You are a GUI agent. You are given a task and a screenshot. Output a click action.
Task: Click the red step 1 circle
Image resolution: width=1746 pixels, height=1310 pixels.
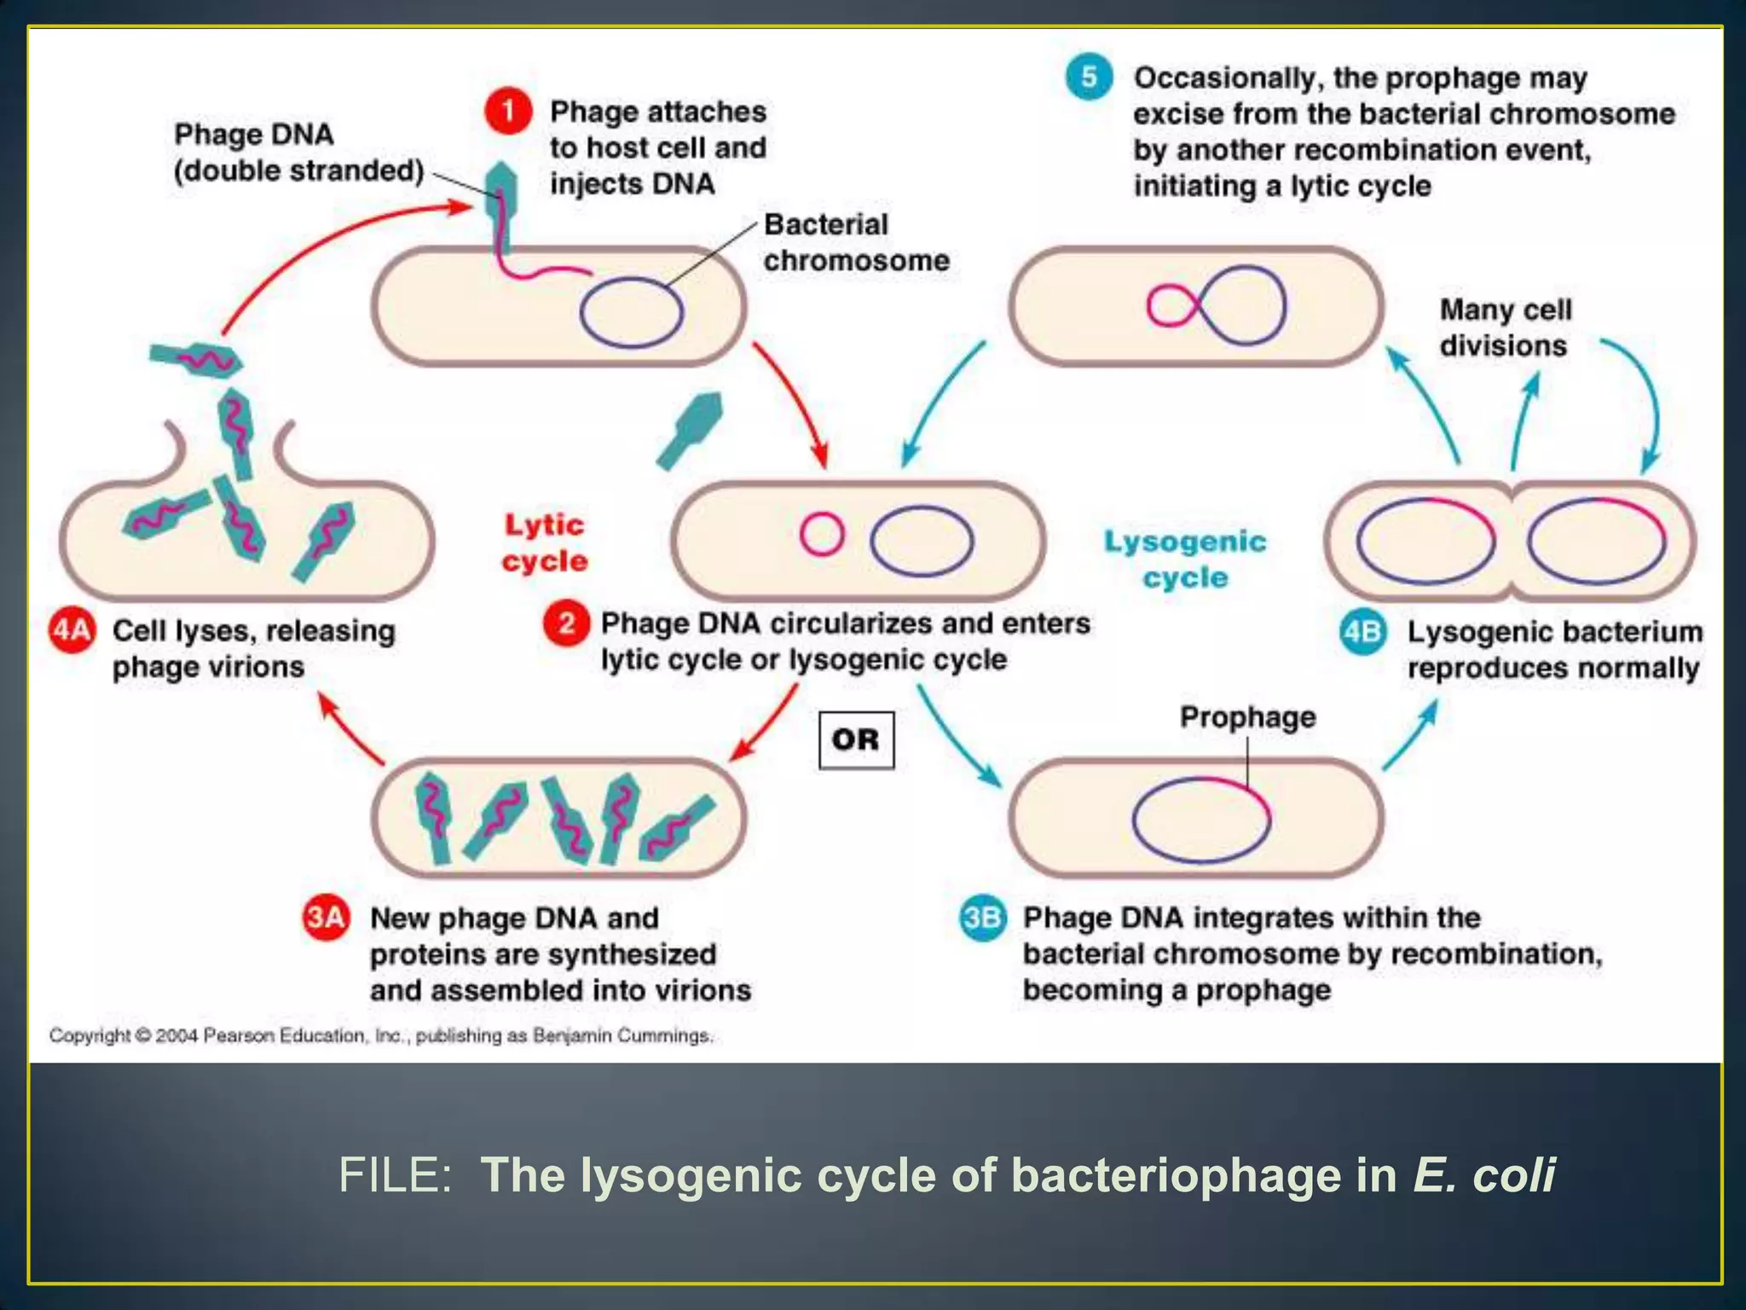[x=508, y=112]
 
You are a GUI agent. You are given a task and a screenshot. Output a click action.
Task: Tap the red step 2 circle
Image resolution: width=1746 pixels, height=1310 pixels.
[x=566, y=623]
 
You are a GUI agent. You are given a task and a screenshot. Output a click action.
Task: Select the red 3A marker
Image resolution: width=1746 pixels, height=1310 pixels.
[x=326, y=918]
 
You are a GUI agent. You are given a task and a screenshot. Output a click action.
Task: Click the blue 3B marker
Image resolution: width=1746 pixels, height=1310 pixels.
[x=982, y=918]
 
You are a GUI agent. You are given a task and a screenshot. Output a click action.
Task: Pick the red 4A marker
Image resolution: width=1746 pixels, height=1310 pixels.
[x=72, y=631]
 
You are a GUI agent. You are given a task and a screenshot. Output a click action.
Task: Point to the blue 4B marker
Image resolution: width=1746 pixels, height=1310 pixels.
[x=1362, y=632]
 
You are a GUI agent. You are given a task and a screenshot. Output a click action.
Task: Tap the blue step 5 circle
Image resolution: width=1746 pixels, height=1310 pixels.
[x=1089, y=77]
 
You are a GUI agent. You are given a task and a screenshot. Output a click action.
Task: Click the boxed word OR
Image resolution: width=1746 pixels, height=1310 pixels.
[x=856, y=739]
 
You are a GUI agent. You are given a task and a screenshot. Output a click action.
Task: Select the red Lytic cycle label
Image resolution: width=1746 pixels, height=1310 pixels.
[x=545, y=542]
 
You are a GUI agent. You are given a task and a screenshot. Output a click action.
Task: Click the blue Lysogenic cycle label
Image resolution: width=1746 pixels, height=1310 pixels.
[x=1185, y=559]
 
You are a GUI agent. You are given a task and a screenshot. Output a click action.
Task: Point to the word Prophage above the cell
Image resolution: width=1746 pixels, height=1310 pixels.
[x=1247, y=717]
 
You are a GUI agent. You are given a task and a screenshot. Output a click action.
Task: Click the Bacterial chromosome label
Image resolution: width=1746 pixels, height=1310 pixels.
[x=855, y=242]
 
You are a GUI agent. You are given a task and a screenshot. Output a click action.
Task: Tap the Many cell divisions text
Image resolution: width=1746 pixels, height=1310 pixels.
[x=1505, y=327]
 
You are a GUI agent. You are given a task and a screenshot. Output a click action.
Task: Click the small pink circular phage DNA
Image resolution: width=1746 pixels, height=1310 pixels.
[x=822, y=535]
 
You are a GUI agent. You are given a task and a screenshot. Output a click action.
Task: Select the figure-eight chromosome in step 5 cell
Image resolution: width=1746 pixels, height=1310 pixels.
[x=1217, y=305]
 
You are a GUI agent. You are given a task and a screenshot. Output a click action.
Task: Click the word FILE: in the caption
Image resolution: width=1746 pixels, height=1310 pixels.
[x=394, y=1175]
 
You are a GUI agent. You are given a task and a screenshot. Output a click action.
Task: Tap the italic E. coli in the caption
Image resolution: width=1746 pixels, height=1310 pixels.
[x=1483, y=1175]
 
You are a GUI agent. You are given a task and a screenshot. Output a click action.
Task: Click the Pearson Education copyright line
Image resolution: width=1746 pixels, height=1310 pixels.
[x=380, y=1035]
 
